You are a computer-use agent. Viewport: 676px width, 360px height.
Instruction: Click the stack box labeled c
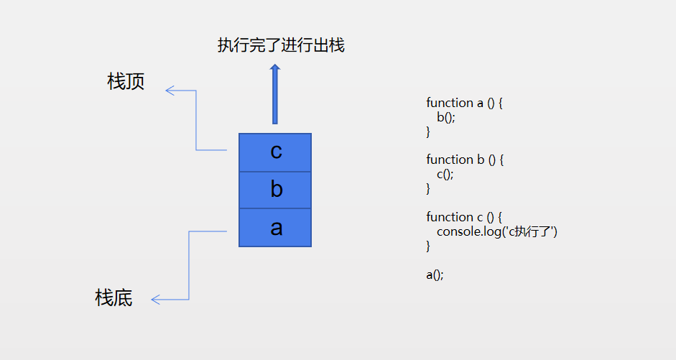275,152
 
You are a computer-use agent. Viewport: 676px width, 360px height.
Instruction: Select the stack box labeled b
275,190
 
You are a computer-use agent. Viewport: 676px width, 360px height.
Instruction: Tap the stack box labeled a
275,228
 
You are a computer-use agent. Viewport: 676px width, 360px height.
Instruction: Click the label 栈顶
126,82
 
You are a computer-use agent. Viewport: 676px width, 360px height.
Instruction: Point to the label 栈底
114,297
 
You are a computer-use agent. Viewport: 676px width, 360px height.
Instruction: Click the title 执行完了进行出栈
281,46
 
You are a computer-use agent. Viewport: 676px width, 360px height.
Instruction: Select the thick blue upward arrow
274,95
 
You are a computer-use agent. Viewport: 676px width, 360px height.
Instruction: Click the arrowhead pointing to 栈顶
170,90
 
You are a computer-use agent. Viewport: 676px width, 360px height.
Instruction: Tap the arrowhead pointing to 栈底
156,299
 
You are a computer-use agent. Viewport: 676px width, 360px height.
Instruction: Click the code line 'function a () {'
464,103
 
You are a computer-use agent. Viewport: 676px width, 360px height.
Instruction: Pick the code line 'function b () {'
465,160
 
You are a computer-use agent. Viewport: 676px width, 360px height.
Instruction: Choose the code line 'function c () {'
464,217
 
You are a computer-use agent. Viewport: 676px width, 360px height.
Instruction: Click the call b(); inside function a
445,117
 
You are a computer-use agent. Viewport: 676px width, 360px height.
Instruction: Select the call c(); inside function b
445,174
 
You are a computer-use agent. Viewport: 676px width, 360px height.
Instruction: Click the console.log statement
497,231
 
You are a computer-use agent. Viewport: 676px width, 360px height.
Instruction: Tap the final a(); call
435,274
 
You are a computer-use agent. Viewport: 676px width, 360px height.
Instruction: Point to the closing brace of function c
428,246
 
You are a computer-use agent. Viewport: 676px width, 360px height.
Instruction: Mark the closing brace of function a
428,131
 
